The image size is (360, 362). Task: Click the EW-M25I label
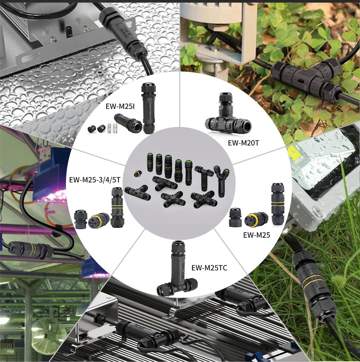120,106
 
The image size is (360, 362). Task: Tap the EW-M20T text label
244,143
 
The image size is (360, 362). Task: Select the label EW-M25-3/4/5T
95,180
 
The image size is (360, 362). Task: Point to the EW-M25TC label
209,268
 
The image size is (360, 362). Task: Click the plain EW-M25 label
257,235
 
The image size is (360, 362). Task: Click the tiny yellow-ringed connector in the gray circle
138,174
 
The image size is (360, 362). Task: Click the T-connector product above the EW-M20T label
228,115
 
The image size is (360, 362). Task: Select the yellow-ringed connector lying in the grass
313,288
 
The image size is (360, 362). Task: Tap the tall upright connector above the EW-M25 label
278,204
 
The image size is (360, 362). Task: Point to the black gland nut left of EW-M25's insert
235,217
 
